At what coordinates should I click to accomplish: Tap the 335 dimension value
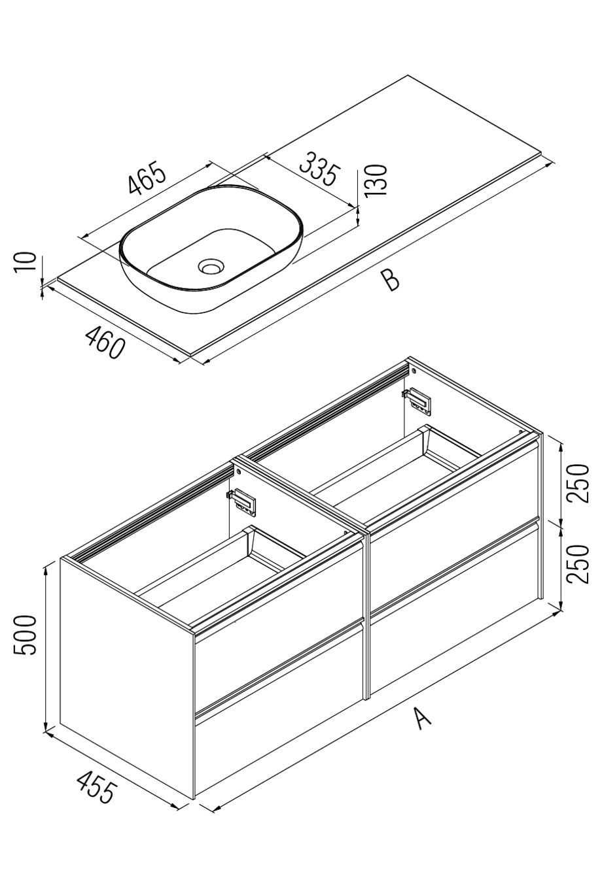319,169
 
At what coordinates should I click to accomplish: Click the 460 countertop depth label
105,343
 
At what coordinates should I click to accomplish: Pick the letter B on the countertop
391,280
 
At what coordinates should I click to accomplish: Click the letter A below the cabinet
423,718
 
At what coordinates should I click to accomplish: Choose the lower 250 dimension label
578,563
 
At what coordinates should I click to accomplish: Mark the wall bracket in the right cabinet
417,400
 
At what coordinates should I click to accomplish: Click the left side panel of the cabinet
124,673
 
